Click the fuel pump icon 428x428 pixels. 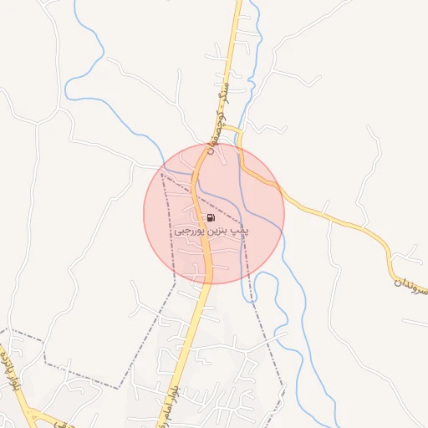(x=209, y=218)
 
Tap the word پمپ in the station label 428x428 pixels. (x=242, y=228)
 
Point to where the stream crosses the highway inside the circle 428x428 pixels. (x=195, y=176)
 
